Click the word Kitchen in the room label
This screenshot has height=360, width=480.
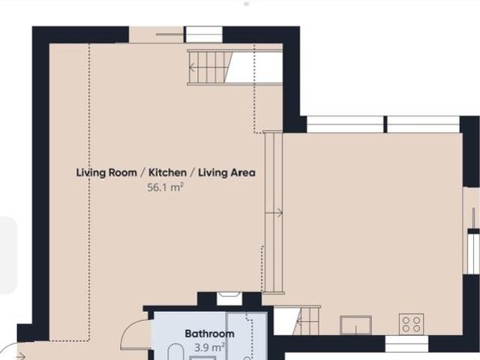[x=167, y=172]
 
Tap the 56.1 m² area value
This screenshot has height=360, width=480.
[x=165, y=187]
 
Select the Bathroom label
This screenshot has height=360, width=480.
[x=210, y=333]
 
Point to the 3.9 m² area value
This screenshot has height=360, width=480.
[x=210, y=347]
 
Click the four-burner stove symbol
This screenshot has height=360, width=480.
[x=412, y=324]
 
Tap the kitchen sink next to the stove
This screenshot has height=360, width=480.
[x=355, y=325]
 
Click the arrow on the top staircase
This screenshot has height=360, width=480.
[x=192, y=67]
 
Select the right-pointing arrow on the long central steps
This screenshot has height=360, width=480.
[x=274, y=213]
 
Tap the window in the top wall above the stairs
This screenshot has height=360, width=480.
[x=204, y=34]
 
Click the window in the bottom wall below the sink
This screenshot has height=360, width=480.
[x=406, y=343]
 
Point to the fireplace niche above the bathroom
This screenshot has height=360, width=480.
[x=229, y=298]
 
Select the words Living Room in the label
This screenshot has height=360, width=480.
[x=106, y=172]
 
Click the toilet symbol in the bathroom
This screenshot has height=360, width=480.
[x=175, y=352]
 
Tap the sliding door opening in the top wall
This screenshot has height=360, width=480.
[x=156, y=34]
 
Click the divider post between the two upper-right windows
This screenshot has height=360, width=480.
[x=385, y=124]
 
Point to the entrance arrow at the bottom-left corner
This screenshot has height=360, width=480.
[x=20, y=356]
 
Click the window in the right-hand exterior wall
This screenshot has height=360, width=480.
[x=473, y=251]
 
